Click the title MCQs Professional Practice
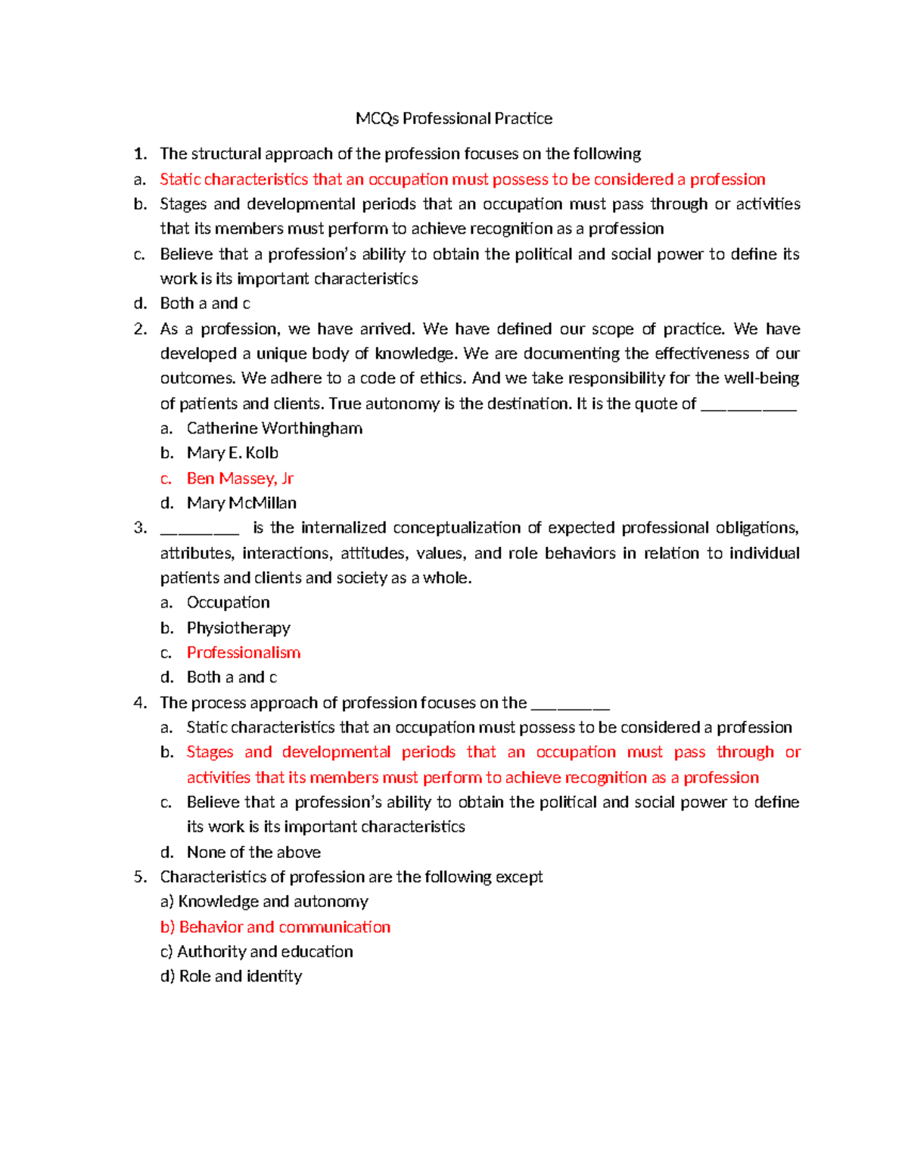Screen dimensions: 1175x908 pyautogui.click(x=454, y=119)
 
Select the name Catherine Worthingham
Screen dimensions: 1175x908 pyautogui.click(x=274, y=428)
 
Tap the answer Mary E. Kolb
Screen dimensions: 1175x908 pyautogui.click(x=232, y=453)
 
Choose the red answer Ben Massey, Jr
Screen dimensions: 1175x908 pyautogui.click(x=240, y=478)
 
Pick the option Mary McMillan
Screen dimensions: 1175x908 pyautogui.click(x=241, y=503)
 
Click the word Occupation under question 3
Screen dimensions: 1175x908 pyautogui.click(x=228, y=603)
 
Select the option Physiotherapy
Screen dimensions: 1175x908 pyautogui.click(x=238, y=628)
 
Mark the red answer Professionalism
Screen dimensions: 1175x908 pyautogui.click(x=243, y=653)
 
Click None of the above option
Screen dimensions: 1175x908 pyautogui.click(x=253, y=853)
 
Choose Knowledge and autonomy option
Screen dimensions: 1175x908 pyautogui.click(x=272, y=902)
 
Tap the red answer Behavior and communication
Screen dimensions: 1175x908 pyautogui.click(x=285, y=928)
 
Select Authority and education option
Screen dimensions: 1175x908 pyautogui.click(x=265, y=952)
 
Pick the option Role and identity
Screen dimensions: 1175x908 pyautogui.click(x=240, y=977)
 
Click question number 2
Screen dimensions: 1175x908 pyautogui.click(x=139, y=329)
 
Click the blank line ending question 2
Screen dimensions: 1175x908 pyautogui.click(x=748, y=407)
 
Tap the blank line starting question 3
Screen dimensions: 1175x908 pyautogui.click(x=200, y=531)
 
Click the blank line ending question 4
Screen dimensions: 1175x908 pyautogui.click(x=570, y=707)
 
